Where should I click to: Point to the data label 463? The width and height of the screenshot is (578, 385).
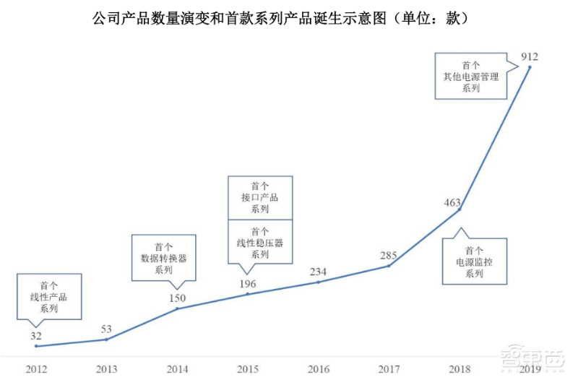pyautogui.click(x=452, y=203)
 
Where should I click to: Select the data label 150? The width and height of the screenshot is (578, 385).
pyautogui.click(x=177, y=298)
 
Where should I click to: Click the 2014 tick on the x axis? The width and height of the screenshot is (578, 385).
pyautogui.click(x=177, y=369)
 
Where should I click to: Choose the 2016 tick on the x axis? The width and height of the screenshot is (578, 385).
pyautogui.click(x=319, y=369)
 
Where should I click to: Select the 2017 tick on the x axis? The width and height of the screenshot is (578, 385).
pyautogui.click(x=389, y=369)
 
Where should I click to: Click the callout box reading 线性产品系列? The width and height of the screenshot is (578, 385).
pyautogui.click(x=48, y=296)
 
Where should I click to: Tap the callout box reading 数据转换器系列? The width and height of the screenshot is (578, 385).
pyautogui.click(x=163, y=257)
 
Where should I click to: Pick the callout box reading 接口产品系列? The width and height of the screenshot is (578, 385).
pyautogui.click(x=260, y=196)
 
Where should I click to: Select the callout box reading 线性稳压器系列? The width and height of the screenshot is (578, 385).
pyautogui.click(x=260, y=242)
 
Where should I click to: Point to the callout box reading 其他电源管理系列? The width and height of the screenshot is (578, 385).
pyautogui.click(x=470, y=75)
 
